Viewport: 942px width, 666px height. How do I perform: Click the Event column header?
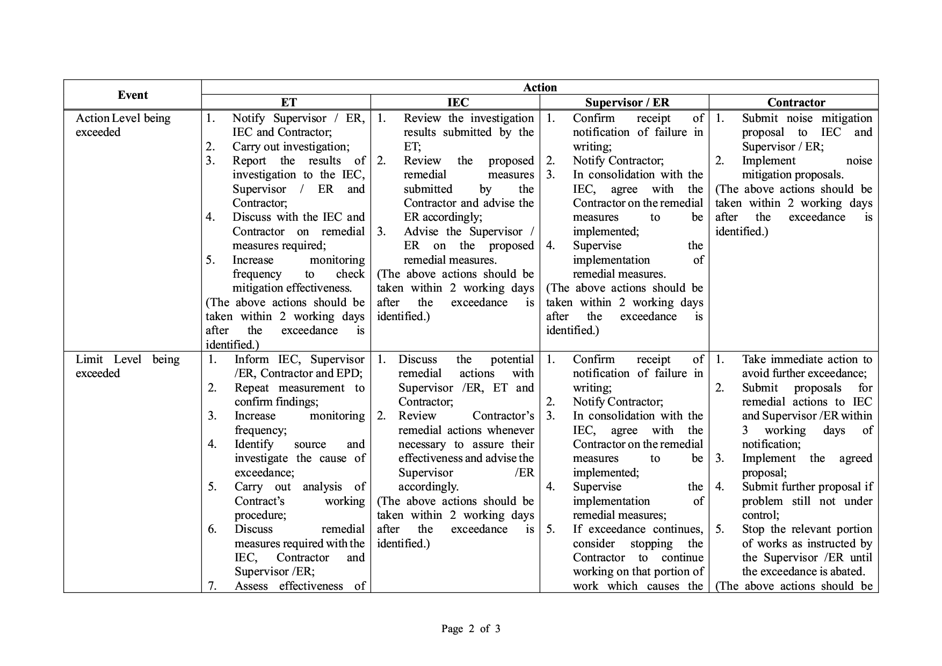click(x=133, y=95)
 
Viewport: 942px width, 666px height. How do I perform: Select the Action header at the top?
click(x=540, y=88)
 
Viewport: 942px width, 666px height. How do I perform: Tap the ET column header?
click(x=288, y=103)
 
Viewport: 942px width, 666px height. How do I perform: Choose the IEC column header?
click(x=458, y=103)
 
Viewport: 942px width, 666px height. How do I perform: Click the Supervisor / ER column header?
click(x=627, y=103)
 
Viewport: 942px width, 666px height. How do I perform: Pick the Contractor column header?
click(x=796, y=103)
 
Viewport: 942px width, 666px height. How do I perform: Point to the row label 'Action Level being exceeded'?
click(x=123, y=125)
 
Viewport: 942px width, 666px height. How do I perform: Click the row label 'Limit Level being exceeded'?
click(x=127, y=366)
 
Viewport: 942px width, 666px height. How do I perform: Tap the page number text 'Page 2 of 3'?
click(x=470, y=628)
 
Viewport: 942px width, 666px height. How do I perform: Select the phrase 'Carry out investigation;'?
click(x=291, y=147)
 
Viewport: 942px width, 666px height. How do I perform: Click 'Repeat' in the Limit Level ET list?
click(x=253, y=388)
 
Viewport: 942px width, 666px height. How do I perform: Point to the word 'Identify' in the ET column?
click(x=253, y=444)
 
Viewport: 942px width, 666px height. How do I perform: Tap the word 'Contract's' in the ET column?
click(x=259, y=501)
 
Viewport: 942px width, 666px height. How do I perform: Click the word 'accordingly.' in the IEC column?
click(x=428, y=487)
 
